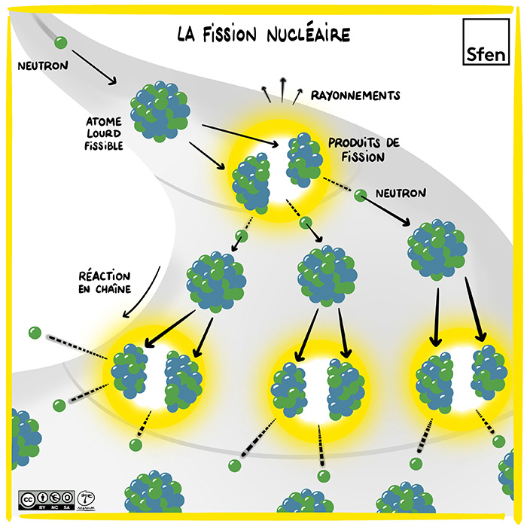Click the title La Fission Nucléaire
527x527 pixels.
pos(263,35)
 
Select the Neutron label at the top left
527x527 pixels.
pos(43,65)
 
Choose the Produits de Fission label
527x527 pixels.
pos(357,150)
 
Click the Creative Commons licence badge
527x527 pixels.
pos(47,499)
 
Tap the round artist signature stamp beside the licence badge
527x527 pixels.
pos(86,499)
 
